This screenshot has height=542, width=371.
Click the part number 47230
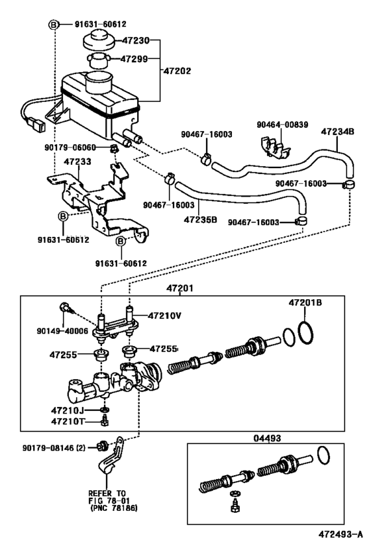click(x=136, y=40)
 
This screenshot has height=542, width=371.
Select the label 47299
click(x=136, y=60)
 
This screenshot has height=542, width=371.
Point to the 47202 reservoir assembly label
click(x=178, y=69)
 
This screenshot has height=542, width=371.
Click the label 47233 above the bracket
click(x=77, y=161)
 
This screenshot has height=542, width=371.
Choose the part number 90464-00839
click(x=284, y=124)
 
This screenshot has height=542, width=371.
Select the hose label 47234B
click(x=338, y=131)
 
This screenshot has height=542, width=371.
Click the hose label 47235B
click(x=201, y=219)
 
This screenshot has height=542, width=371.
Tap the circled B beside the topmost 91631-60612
click(x=54, y=24)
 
